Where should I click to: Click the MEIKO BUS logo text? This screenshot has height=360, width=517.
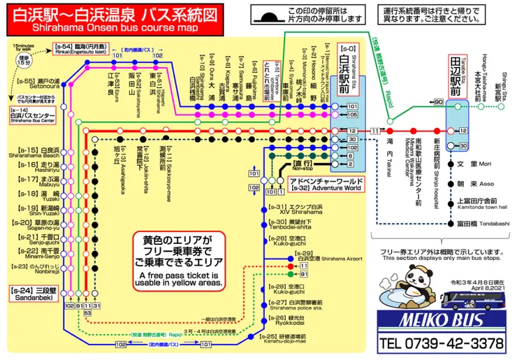click(440, 319)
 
